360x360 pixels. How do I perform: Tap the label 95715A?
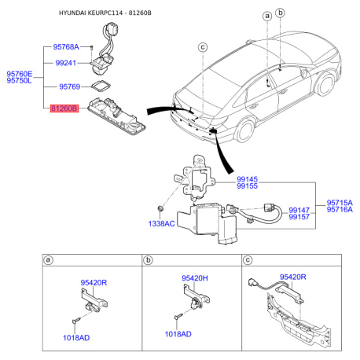(340, 201)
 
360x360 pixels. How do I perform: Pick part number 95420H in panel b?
(193, 277)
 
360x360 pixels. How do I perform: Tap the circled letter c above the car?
(202, 46)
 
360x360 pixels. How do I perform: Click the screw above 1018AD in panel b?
(179, 316)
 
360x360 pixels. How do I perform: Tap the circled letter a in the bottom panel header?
(49, 259)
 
